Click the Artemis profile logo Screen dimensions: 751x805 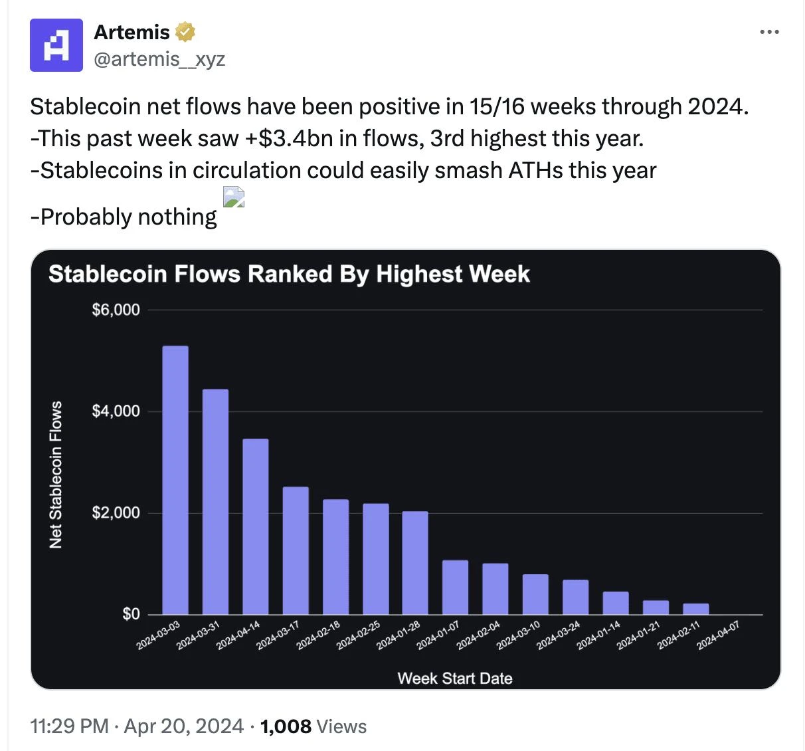point(56,45)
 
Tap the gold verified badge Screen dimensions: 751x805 point(185,31)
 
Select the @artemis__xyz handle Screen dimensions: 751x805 point(159,59)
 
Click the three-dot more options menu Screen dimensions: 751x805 point(769,32)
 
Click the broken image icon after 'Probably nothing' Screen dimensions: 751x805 point(234,197)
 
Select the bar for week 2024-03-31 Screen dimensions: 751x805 point(215,502)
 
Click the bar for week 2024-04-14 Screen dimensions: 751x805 point(256,526)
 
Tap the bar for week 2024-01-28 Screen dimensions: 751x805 point(415,562)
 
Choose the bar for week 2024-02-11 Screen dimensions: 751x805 point(695,609)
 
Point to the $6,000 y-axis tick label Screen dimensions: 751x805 point(116,310)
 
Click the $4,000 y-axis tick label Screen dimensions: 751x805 point(116,411)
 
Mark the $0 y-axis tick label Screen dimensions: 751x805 point(131,614)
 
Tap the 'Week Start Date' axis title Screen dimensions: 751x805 point(455,678)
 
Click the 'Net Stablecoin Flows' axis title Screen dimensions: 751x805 point(56,475)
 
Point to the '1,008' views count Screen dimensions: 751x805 point(286,726)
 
